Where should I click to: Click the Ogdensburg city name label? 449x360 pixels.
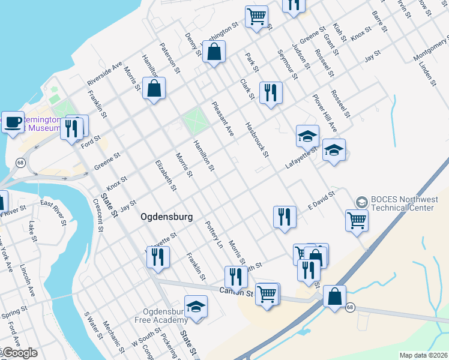tap(167, 217)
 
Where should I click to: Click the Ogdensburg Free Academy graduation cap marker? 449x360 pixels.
tap(196, 308)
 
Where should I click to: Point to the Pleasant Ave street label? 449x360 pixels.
tap(221, 119)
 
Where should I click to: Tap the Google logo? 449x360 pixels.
tap(19, 353)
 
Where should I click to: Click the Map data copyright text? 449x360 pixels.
tap(423, 355)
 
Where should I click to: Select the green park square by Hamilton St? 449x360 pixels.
tap(194, 122)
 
